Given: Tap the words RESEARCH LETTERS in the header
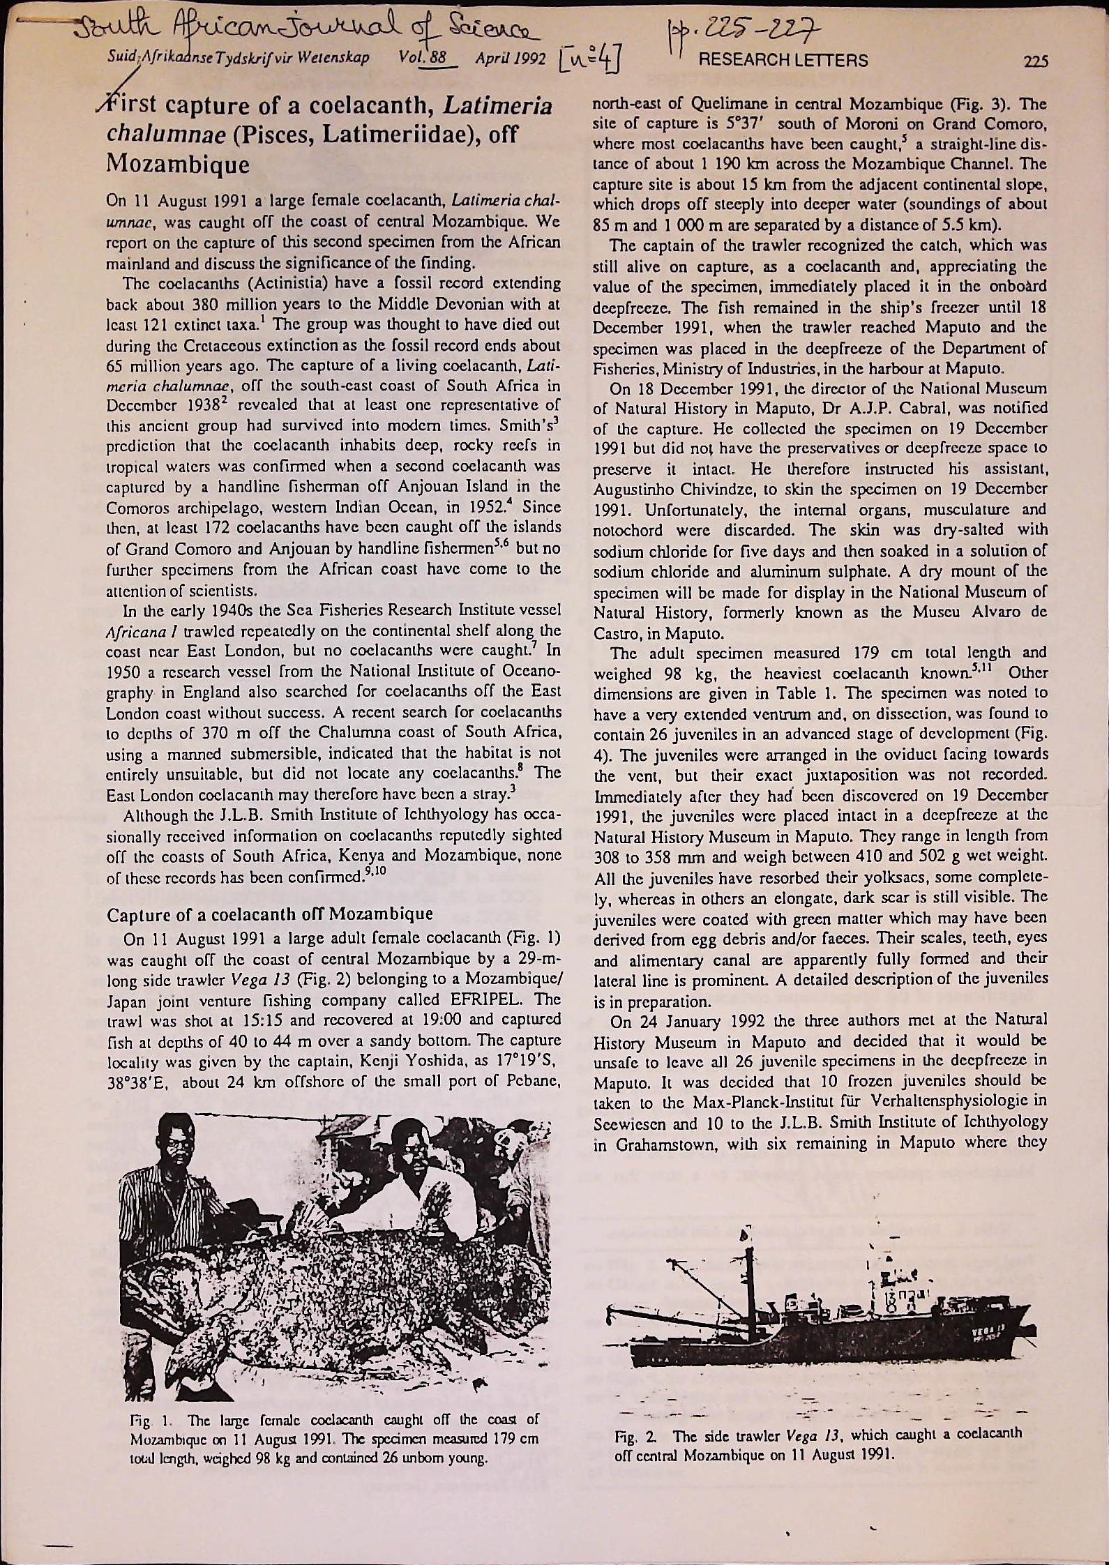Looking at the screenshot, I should click(x=783, y=60).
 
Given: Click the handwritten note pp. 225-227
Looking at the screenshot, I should click(x=728, y=31).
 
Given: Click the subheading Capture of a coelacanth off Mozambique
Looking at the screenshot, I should click(x=269, y=914).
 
